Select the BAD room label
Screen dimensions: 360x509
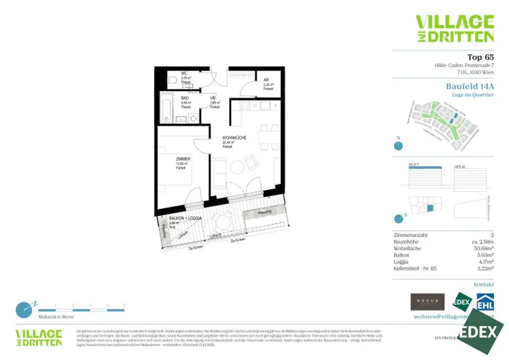pos(184,98)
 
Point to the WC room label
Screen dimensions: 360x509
pos(183,74)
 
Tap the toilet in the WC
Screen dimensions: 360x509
pos(172,80)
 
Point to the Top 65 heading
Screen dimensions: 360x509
pos(480,57)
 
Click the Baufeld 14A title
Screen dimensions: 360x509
pos(470,86)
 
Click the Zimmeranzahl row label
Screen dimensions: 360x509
pos(410,235)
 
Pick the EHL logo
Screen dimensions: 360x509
pos(485,302)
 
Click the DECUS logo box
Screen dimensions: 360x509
pos(427,301)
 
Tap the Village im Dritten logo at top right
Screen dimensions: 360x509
pos(455,28)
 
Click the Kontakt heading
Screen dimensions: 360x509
pos(484,284)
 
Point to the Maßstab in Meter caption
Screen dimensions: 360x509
pos(56,316)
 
